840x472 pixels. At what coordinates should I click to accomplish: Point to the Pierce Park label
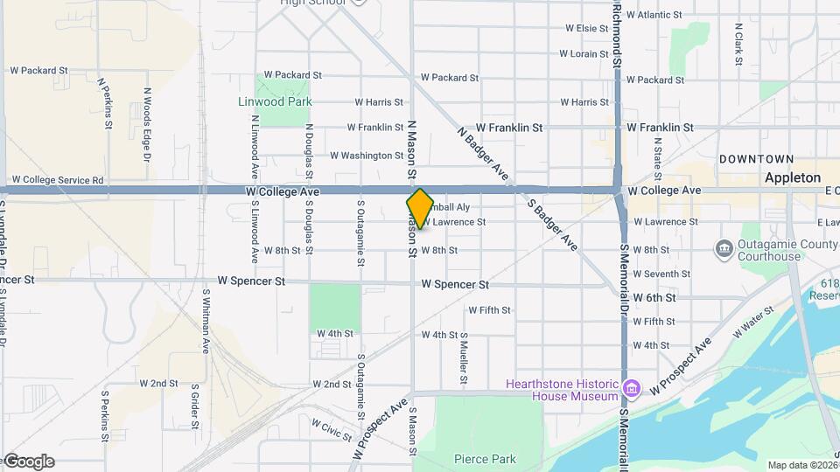485,459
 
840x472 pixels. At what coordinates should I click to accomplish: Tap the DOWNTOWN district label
756,159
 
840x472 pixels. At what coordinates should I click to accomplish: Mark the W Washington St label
367,156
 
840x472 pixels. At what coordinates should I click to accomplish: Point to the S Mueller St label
464,358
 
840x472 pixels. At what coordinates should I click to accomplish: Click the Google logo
29,462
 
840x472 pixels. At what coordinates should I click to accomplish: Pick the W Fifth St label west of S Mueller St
489,310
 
